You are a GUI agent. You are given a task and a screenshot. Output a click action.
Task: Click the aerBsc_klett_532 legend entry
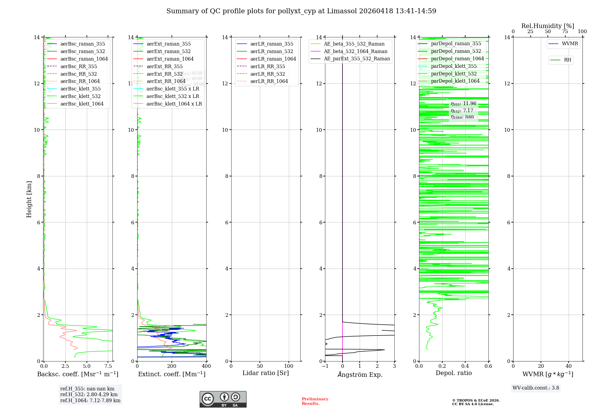80,96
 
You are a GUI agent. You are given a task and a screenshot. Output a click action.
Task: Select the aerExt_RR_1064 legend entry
166,81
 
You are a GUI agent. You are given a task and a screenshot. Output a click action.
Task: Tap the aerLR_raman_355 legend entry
271,44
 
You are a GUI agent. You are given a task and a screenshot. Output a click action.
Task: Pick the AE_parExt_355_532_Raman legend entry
357,58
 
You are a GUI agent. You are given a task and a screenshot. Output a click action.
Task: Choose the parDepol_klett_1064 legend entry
455,81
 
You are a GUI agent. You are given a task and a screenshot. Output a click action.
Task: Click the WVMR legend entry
570,44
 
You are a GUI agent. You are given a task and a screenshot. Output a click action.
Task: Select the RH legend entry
567,60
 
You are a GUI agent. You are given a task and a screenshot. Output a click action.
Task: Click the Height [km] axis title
29,199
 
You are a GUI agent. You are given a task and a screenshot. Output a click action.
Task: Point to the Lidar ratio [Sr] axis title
265,373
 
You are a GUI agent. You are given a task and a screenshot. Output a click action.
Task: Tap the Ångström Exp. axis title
360,374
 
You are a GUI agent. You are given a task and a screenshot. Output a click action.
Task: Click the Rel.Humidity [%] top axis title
548,26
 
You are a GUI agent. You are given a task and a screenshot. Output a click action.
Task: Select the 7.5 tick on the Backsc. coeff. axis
108,366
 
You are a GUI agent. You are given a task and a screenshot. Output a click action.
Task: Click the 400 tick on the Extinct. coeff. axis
206,366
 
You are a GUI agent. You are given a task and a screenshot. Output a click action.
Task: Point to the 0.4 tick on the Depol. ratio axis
465,366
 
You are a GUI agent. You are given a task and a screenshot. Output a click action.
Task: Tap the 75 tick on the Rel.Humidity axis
565,32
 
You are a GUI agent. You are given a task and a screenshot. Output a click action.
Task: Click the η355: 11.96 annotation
463,104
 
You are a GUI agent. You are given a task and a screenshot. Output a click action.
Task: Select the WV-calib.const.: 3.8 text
535,388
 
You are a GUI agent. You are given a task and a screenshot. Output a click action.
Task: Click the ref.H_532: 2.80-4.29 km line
89,394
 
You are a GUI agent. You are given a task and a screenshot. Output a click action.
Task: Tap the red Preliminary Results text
315,401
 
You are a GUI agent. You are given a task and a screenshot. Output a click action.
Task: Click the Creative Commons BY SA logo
223,399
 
